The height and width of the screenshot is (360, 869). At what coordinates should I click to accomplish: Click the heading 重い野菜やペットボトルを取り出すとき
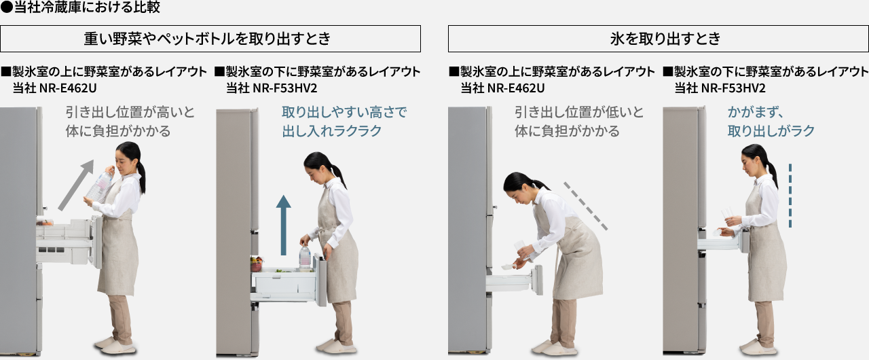(x=210, y=39)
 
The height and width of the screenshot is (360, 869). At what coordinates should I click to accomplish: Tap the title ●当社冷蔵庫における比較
(x=80, y=9)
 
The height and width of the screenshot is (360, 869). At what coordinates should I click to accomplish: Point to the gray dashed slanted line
(x=585, y=206)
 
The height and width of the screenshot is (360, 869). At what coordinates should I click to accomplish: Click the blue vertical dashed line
(x=790, y=195)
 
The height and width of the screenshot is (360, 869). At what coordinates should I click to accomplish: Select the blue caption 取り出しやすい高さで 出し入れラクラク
(x=344, y=122)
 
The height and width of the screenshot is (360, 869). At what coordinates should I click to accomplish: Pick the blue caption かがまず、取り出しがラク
(x=771, y=122)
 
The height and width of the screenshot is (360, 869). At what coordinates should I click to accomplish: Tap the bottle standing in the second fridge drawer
(x=305, y=257)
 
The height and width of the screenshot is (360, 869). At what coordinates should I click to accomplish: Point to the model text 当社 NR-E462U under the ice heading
(x=502, y=88)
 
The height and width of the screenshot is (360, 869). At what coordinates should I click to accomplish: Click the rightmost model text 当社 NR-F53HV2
(x=720, y=88)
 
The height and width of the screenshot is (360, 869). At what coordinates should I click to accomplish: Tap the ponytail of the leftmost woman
(x=141, y=173)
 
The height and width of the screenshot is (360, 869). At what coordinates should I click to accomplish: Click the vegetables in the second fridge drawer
(x=257, y=263)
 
